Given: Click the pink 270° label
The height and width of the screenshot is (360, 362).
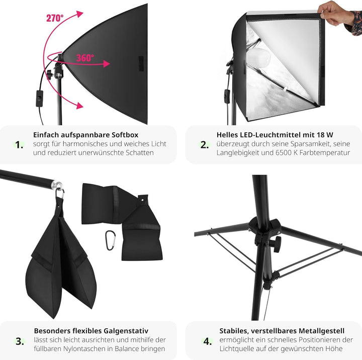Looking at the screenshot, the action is (x=55, y=18).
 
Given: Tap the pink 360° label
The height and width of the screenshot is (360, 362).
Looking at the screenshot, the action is (x=85, y=58).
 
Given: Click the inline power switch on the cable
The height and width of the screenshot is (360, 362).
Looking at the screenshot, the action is (x=40, y=99).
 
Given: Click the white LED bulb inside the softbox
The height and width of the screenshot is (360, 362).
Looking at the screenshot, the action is (x=258, y=57).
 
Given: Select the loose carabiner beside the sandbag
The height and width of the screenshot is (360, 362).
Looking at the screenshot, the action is (x=111, y=240).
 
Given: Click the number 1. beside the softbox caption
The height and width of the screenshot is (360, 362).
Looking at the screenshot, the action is (x=19, y=145).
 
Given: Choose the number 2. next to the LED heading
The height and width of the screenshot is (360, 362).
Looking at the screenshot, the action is (x=205, y=145).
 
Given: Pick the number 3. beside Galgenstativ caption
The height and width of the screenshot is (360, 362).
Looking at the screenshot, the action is (x=20, y=341).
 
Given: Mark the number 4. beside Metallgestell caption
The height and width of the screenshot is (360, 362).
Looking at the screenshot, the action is (x=208, y=341).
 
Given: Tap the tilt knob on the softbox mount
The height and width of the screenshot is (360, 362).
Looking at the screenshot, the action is (x=50, y=75).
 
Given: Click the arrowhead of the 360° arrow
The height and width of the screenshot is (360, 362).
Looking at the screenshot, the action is (x=106, y=64).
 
